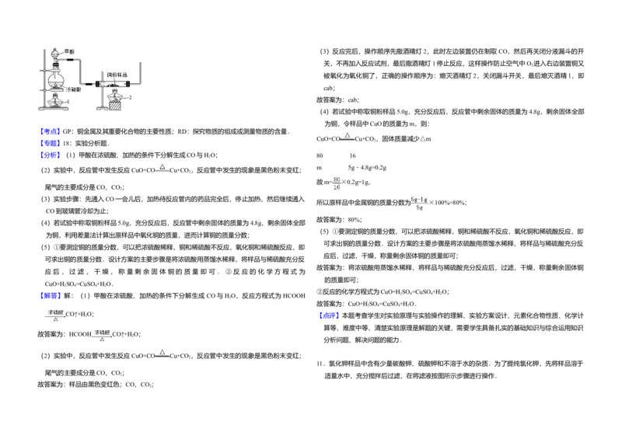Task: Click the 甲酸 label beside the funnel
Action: click(x=69, y=51)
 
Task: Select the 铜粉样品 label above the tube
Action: click(x=117, y=75)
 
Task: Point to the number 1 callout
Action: click(x=68, y=102)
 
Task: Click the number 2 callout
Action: click(x=130, y=98)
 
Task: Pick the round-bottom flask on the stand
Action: click(x=55, y=79)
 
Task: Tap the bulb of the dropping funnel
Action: click(x=54, y=53)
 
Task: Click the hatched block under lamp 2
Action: click(x=116, y=105)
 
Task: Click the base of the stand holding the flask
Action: click(x=51, y=110)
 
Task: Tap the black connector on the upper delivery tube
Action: click(x=70, y=60)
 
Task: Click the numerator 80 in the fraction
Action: click(x=337, y=179)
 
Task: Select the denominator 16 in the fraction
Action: click(x=337, y=188)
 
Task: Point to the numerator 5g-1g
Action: click(x=419, y=199)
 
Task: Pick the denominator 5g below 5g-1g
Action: click(x=419, y=207)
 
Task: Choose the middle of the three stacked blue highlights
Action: click(x=50, y=144)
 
